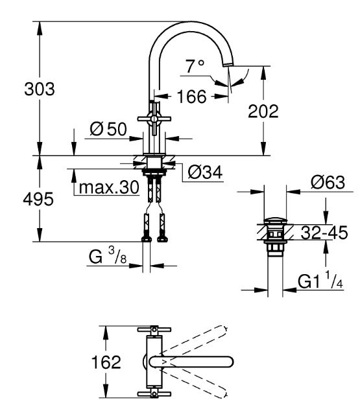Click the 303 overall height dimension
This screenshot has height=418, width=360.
point(40,89)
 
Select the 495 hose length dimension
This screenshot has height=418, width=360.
point(38,199)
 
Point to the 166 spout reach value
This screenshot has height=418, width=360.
point(191,97)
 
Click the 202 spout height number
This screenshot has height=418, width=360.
point(263,111)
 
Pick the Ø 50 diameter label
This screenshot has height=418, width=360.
point(108,129)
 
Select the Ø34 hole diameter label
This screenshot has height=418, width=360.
point(205,172)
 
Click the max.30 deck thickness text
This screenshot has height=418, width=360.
point(109,187)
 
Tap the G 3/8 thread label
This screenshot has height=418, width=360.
point(108,255)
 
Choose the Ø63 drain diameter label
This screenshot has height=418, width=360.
point(328,183)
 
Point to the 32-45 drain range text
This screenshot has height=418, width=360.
point(324,233)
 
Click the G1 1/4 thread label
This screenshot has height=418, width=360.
point(320,281)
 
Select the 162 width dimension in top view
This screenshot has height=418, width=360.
point(106,362)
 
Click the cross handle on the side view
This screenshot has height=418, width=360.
point(154,119)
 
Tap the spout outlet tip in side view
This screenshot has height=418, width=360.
point(227,65)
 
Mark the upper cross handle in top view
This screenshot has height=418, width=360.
point(154,330)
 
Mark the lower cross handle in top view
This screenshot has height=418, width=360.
point(154,394)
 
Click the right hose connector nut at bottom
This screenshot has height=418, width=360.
point(162,239)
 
